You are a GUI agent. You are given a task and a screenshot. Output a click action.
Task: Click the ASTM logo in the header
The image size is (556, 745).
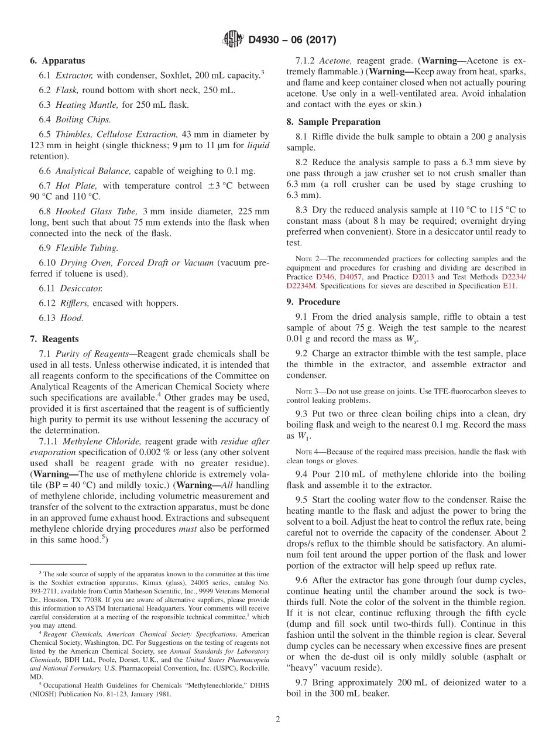(x=232, y=40)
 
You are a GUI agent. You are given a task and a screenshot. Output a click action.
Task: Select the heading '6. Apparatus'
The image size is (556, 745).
(x=57, y=60)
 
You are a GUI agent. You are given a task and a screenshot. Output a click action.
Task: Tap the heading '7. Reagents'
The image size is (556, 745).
(x=54, y=339)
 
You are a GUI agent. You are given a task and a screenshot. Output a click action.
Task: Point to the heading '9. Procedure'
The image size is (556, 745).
(x=319, y=302)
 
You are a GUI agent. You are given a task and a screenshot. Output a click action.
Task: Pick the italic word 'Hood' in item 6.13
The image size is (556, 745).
(x=72, y=318)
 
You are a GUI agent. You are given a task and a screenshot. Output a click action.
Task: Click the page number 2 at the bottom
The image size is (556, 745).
(x=278, y=719)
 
